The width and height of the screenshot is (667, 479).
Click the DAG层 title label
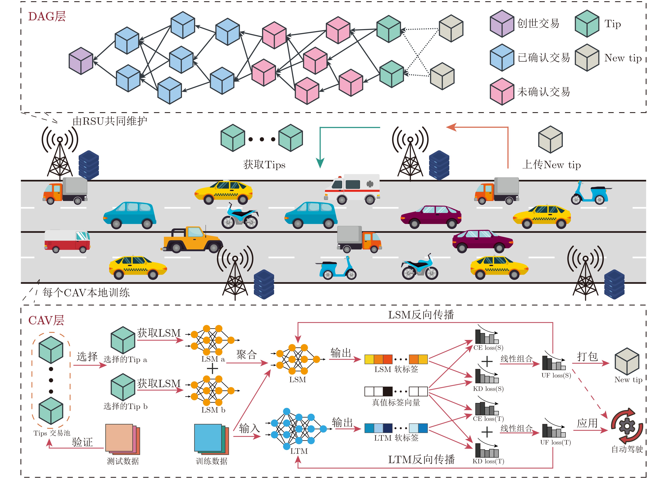click(47, 16)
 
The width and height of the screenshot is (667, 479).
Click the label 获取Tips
click(264, 164)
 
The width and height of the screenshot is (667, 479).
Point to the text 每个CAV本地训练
click(86, 293)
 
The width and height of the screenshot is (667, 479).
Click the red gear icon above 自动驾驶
click(627, 426)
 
